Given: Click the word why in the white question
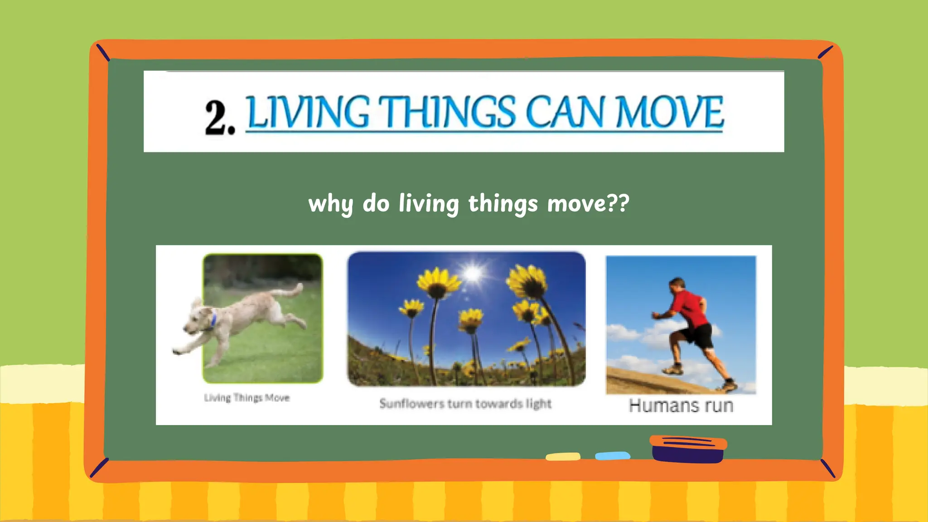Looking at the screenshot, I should coord(330,203).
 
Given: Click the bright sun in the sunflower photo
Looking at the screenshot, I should coord(473,273).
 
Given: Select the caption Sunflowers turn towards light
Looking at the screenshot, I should coord(465,403).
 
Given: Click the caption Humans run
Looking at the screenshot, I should coord(681,406).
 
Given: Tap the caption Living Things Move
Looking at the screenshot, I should coord(246,398).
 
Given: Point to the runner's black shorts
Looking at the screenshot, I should coord(698,336).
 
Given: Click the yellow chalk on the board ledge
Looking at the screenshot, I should coord(563,456).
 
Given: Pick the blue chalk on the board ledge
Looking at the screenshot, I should coord(613,455).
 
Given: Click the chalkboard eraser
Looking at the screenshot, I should coord(688,449).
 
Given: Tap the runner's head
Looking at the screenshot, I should coord(677,285).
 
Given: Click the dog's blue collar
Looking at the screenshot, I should coord(213,319).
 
